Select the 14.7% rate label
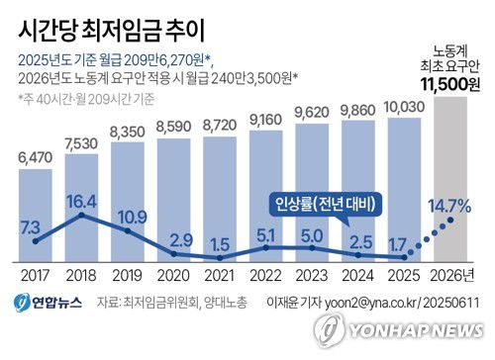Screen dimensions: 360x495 pyautogui.click(x=450, y=206)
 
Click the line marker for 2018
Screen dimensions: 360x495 pyautogui.click(x=81, y=215)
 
